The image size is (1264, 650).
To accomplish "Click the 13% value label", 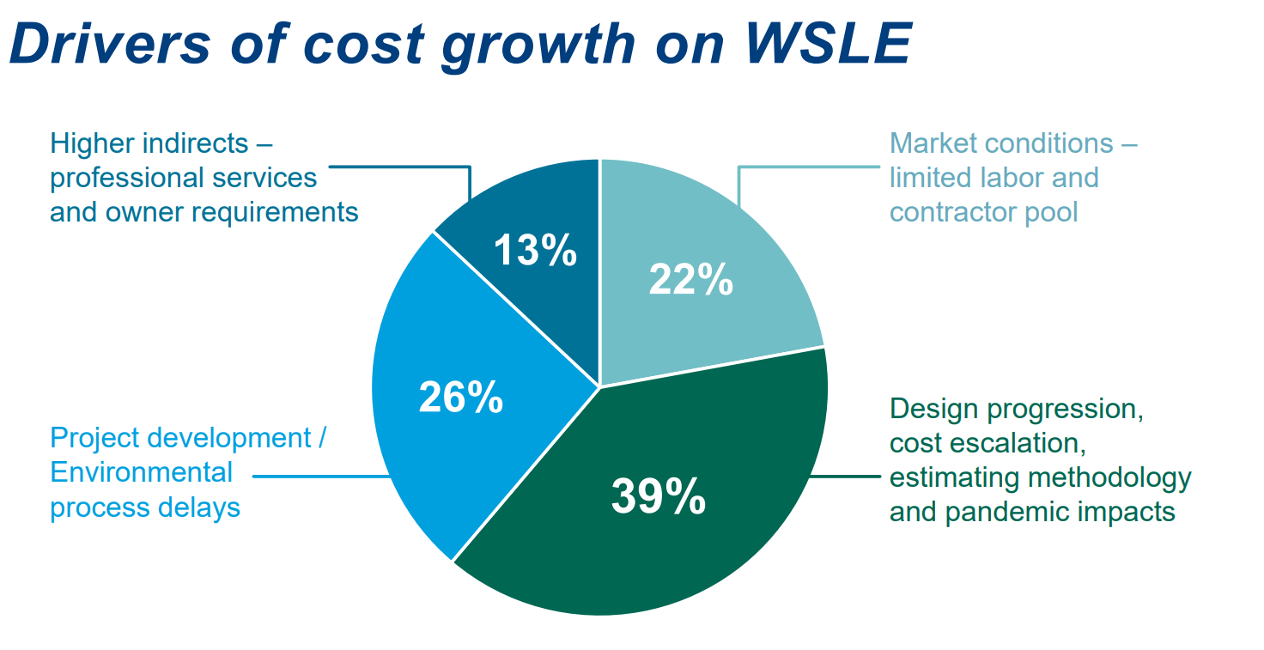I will [534, 251].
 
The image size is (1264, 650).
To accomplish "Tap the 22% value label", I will [690, 280].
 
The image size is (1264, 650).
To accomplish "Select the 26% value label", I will [460, 398].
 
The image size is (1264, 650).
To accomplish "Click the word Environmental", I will [141, 472].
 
